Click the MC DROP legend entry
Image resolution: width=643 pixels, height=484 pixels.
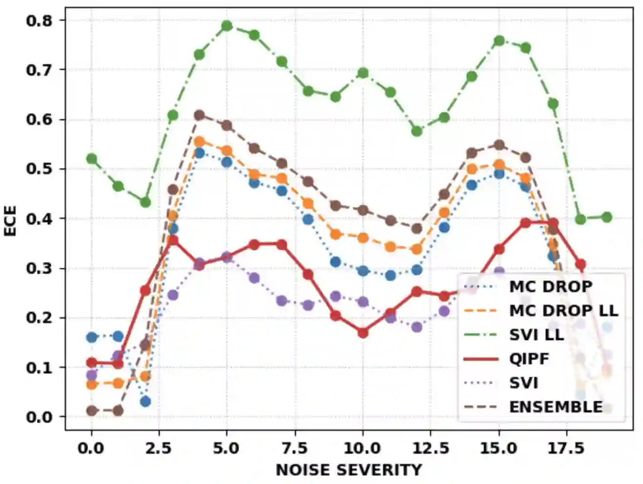550,286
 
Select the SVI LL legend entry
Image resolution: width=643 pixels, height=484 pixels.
536,335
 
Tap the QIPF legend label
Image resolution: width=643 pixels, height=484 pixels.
529,359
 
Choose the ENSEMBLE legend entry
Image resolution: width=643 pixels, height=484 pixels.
556,407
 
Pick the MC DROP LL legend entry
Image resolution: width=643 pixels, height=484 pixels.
563,310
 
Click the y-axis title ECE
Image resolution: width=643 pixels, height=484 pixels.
10,221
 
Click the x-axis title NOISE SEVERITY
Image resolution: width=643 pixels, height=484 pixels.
348,470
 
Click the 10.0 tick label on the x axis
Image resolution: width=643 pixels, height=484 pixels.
362,448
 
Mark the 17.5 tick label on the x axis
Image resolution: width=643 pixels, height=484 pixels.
566,448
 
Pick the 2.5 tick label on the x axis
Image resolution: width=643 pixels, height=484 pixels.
159,448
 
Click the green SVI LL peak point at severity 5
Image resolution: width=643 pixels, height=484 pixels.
227,25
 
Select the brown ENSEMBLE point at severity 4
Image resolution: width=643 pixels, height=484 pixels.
200,115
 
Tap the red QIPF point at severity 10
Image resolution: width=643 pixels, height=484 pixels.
362,333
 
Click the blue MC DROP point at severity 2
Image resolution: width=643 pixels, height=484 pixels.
145,402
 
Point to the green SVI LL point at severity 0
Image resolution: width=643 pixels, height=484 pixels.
91,159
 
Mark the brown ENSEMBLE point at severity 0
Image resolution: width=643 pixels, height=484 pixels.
91,411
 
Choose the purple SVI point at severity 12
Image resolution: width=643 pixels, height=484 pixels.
417,327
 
